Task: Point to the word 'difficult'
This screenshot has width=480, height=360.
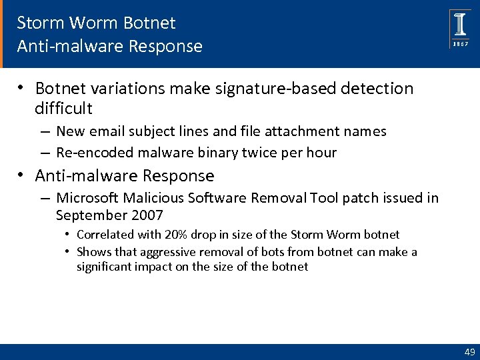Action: click(63, 108)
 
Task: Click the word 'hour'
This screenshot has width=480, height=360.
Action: click(322, 153)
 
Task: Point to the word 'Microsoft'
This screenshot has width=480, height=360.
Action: click(85, 198)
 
